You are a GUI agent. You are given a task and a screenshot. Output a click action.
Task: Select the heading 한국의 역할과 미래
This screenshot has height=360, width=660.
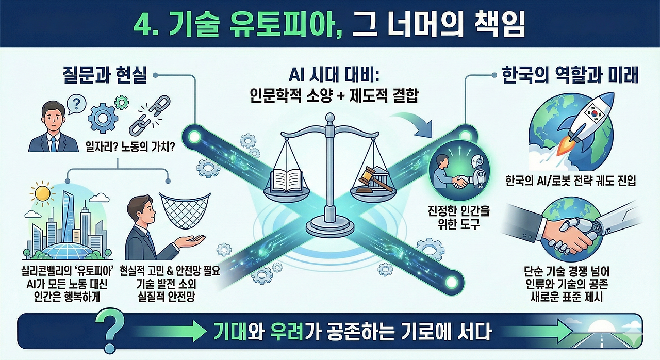570,76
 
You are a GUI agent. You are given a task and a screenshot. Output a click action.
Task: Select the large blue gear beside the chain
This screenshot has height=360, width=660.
103,118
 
